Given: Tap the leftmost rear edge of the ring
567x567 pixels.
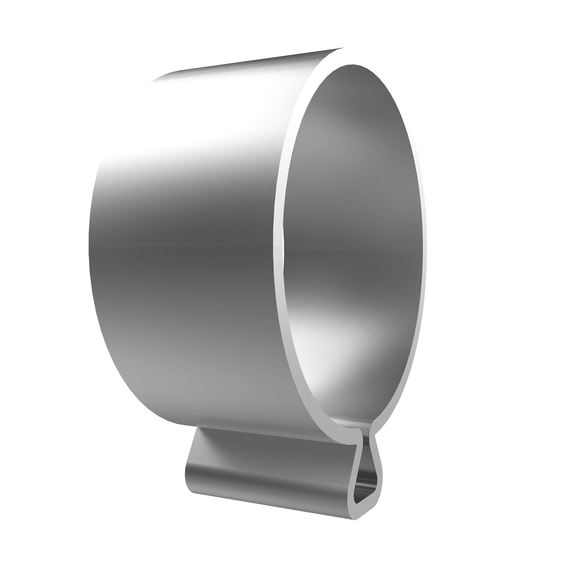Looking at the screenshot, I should [x=89, y=246].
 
